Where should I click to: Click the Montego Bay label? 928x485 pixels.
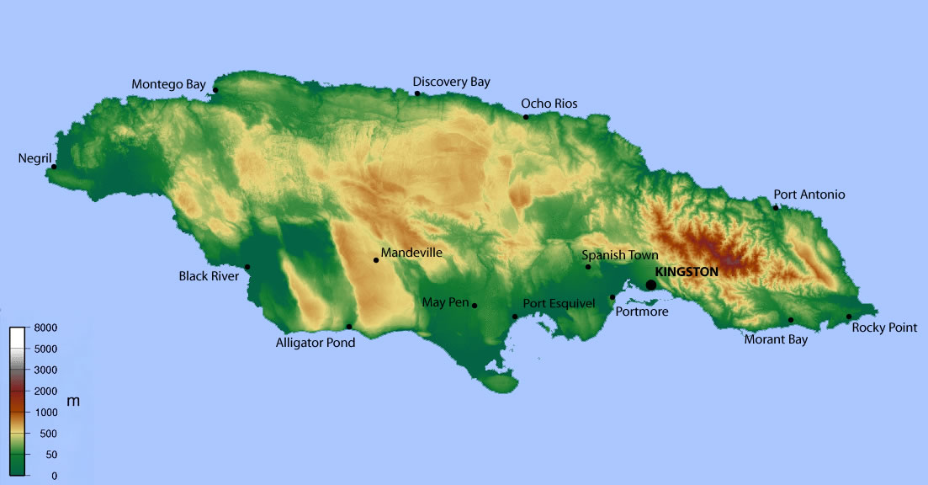[168, 84]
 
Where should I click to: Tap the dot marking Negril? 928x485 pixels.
[54, 167]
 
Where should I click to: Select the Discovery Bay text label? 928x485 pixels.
[451, 82]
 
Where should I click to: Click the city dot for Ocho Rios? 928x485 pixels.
[526, 117]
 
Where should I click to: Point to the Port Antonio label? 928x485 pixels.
[809, 195]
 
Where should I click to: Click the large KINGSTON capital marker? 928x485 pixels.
[650, 285]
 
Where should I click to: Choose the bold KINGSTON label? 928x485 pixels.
[687, 272]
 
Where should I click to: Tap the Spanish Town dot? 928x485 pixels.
[588, 267]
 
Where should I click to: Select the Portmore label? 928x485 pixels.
[642, 312]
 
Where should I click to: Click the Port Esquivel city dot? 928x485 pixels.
[515, 317]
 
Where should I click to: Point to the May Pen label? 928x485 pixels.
[445, 302]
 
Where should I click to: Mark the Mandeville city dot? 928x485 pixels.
[376, 260]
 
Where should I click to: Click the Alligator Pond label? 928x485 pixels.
[316, 343]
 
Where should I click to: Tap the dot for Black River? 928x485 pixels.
[247, 267]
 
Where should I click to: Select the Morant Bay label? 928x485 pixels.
[776, 339]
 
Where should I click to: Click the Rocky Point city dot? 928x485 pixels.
[849, 317]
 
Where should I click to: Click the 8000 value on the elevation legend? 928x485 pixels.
[46, 327]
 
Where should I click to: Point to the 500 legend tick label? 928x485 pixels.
[50, 434]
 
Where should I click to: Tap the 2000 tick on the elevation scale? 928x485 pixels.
[46, 391]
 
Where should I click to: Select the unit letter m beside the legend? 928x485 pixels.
[73, 402]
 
